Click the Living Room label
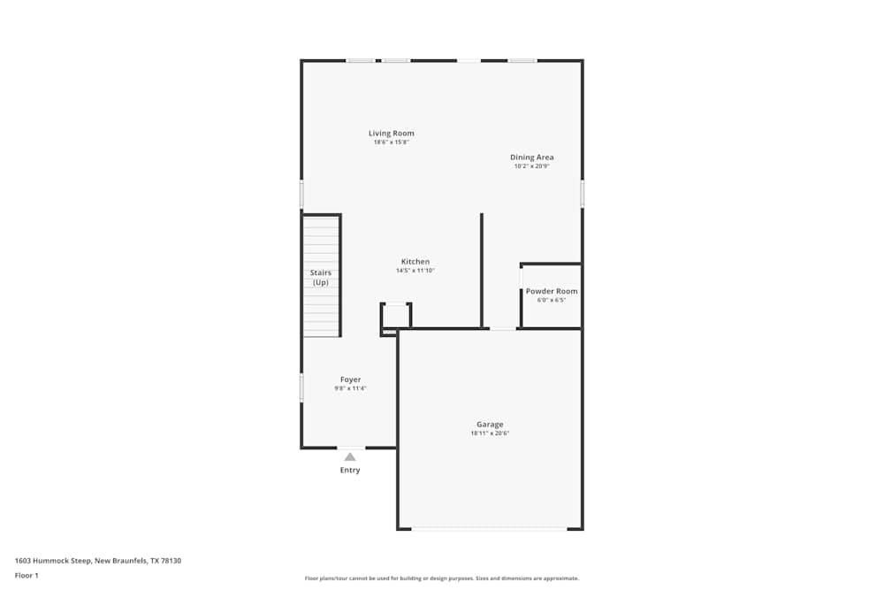point(391,134)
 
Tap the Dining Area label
point(531,157)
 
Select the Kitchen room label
point(415,262)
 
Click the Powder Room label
point(552,291)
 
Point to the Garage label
point(490,425)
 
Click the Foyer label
point(350,379)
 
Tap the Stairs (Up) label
point(320,278)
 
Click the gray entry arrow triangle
point(350,456)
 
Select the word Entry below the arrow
point(350,471)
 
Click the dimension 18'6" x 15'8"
point(391,142)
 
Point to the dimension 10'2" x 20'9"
point(531,166)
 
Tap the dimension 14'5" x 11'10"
point(415,271)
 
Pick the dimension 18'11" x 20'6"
point(490,433)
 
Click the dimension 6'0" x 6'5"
point(552,300)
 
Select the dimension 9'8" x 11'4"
point(350,388)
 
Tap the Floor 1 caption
point(27,576)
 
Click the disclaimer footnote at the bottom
point(442,579)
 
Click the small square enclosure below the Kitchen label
point(396,317)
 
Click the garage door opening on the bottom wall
point(490,529)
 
